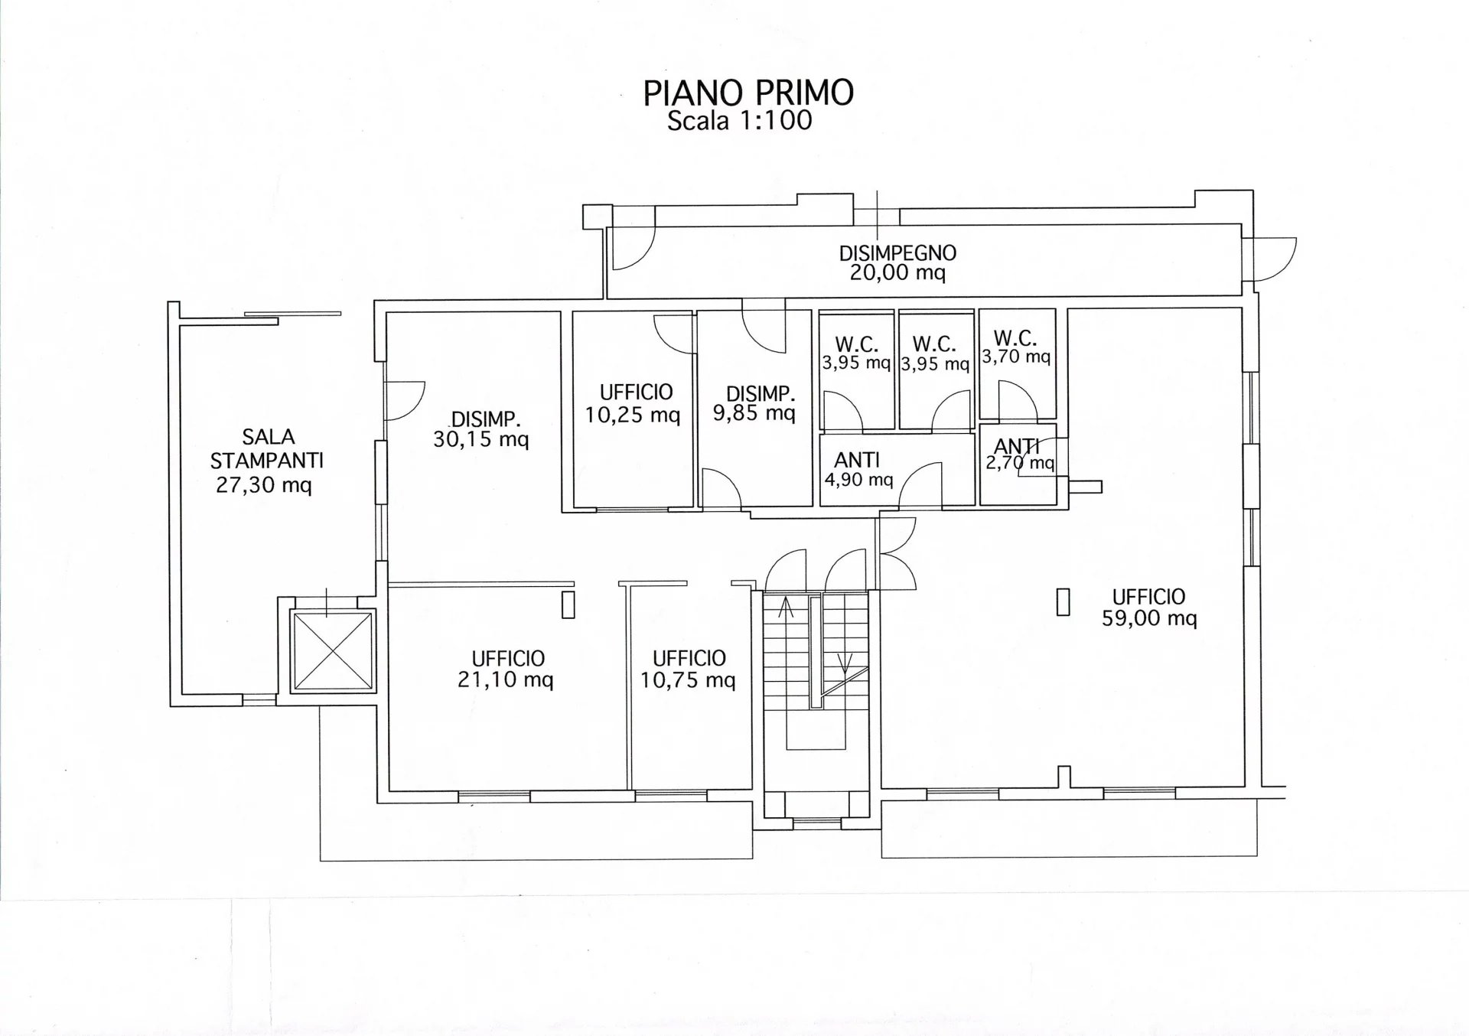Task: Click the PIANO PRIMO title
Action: point(748,93)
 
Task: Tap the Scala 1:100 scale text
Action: point(739,120)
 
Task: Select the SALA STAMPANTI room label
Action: point(267,448)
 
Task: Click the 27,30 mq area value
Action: point(264,485)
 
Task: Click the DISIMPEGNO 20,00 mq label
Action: point(897,262)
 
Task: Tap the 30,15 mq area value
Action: point(481,440)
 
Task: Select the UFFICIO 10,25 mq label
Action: point(634,403)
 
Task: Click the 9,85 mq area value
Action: point(754,414)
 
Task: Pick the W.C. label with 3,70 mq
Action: point(1016,347)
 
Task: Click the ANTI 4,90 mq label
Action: point(858,469)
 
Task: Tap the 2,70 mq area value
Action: point(1020,462)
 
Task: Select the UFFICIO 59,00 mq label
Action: point(1149,607)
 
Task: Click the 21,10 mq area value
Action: point(506,680)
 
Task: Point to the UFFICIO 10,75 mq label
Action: point(689,669)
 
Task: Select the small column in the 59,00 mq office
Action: point(1063,601)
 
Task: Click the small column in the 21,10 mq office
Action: point(568,604)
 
